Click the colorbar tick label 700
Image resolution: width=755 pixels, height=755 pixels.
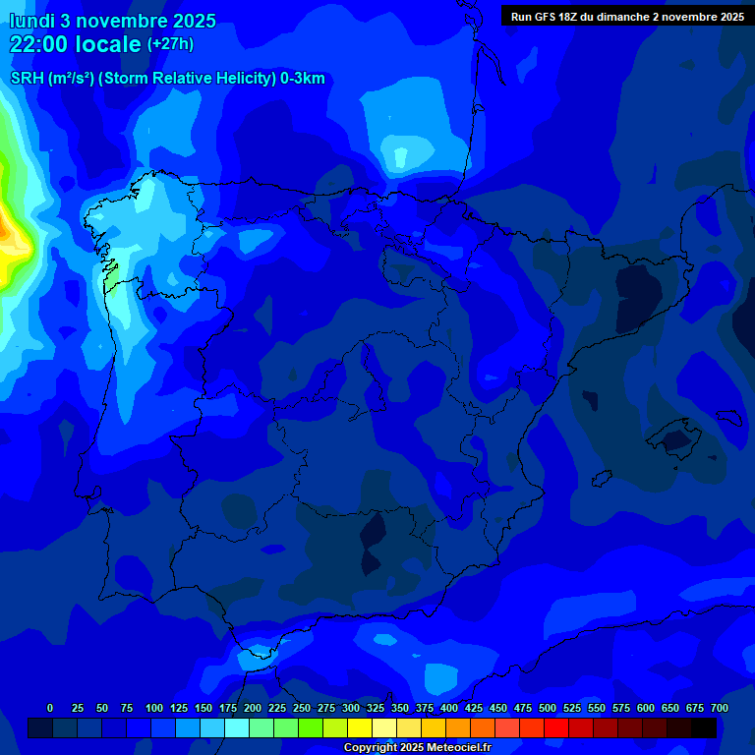tap(719, 708)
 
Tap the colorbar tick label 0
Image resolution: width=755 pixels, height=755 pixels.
tap(50, 708)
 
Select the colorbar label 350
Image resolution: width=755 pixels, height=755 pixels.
tap(400, 708)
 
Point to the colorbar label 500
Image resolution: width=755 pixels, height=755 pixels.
tap(548, 708)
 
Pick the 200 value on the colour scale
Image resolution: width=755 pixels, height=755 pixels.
tap(253, 708)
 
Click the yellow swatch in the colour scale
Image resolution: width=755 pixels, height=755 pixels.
tap(360, 727)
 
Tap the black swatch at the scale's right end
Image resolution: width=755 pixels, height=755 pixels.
tap(703, 727)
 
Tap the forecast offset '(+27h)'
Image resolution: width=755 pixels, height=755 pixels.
tap(170, 44)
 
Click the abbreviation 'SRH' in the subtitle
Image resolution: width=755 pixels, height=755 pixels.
tap(27, 79)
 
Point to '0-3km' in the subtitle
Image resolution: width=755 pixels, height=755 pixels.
tap(303, 79)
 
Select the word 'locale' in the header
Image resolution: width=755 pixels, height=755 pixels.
tap(110, 44)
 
